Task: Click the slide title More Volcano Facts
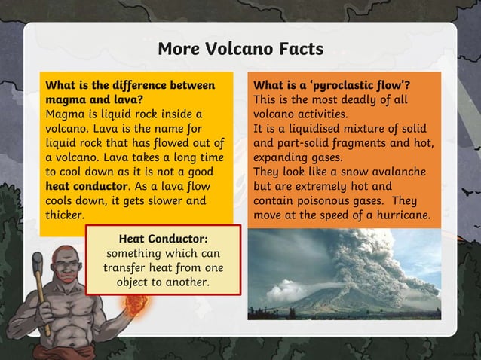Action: (240, 49)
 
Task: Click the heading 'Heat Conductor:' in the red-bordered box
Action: (163, 239)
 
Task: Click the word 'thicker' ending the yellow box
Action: (65, 215)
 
